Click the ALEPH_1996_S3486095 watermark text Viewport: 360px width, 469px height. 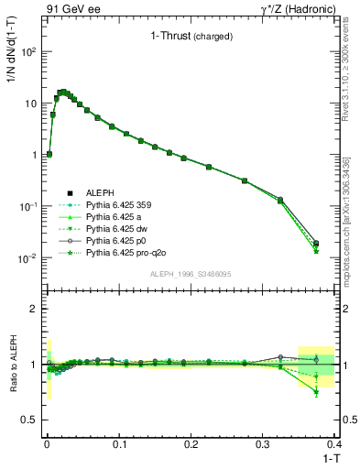[190, 274]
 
